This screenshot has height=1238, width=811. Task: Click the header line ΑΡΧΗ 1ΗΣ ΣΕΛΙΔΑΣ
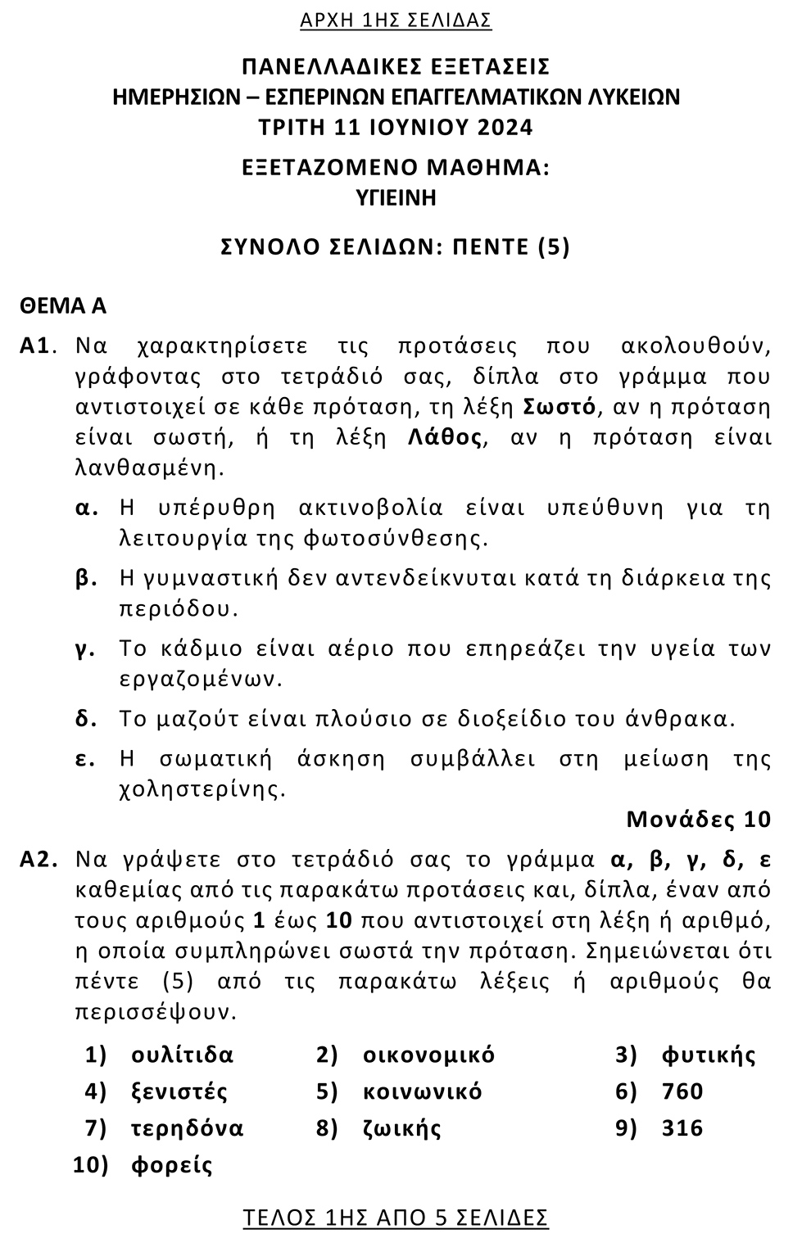[396, 20]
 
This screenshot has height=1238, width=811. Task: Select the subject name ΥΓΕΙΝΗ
[396, 197]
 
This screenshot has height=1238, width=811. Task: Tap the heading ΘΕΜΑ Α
[64, 306]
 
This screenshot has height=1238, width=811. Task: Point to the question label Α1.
[37, 346]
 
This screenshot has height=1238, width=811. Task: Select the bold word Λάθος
[444, 437]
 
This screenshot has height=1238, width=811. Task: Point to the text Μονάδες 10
[698, 819]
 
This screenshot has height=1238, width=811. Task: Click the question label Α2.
[39, 860]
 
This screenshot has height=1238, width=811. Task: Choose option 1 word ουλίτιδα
[182, 1055]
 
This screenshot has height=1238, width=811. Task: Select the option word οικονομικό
[428, 1055]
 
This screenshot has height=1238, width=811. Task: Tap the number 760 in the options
[682, 1091]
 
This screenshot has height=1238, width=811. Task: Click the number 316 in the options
[682, 1128]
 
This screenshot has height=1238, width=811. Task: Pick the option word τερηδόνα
[187, 1128]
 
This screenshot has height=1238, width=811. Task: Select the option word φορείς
[171, 1165]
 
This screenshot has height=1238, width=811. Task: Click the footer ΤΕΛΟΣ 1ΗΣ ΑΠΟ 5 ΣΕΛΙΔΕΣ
[396, 1218]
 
